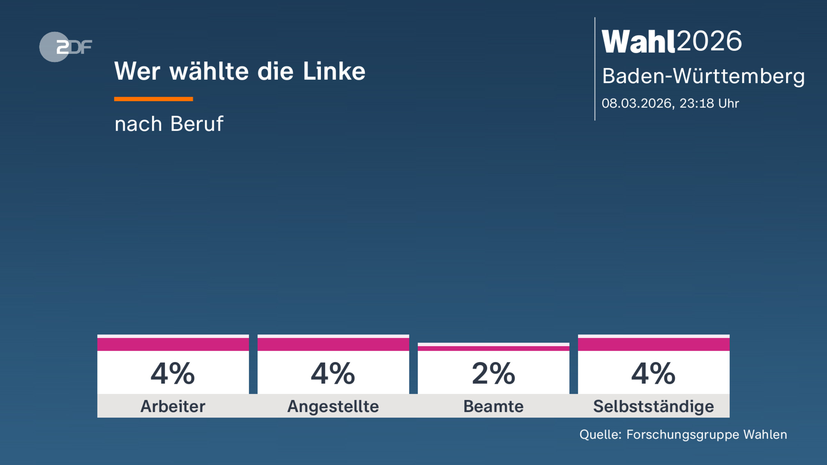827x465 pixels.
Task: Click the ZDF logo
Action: [65, 47]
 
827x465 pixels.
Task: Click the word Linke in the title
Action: [334, 71]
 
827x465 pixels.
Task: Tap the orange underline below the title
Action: [153, 99]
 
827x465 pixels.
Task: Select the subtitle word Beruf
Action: [197, 124]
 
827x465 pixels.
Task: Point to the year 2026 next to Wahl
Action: [709, 41]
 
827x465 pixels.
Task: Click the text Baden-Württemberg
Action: [703, 76]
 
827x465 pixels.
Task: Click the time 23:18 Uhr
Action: [709, 103]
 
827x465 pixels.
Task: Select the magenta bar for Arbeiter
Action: [173, 344]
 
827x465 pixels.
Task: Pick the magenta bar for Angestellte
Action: [333, 344]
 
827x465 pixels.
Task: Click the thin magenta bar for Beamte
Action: [493, 348]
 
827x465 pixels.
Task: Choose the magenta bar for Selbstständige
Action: [654, 344]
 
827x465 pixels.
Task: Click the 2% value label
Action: [493, 374]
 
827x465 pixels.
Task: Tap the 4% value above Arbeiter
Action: [173, 374]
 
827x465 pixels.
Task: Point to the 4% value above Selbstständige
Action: [654, 374]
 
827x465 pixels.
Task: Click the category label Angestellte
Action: [333, 406]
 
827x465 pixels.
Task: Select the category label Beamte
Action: [493, 406]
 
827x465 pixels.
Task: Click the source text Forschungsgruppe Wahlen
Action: [706, 435]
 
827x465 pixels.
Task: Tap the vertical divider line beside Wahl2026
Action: [595, 69]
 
